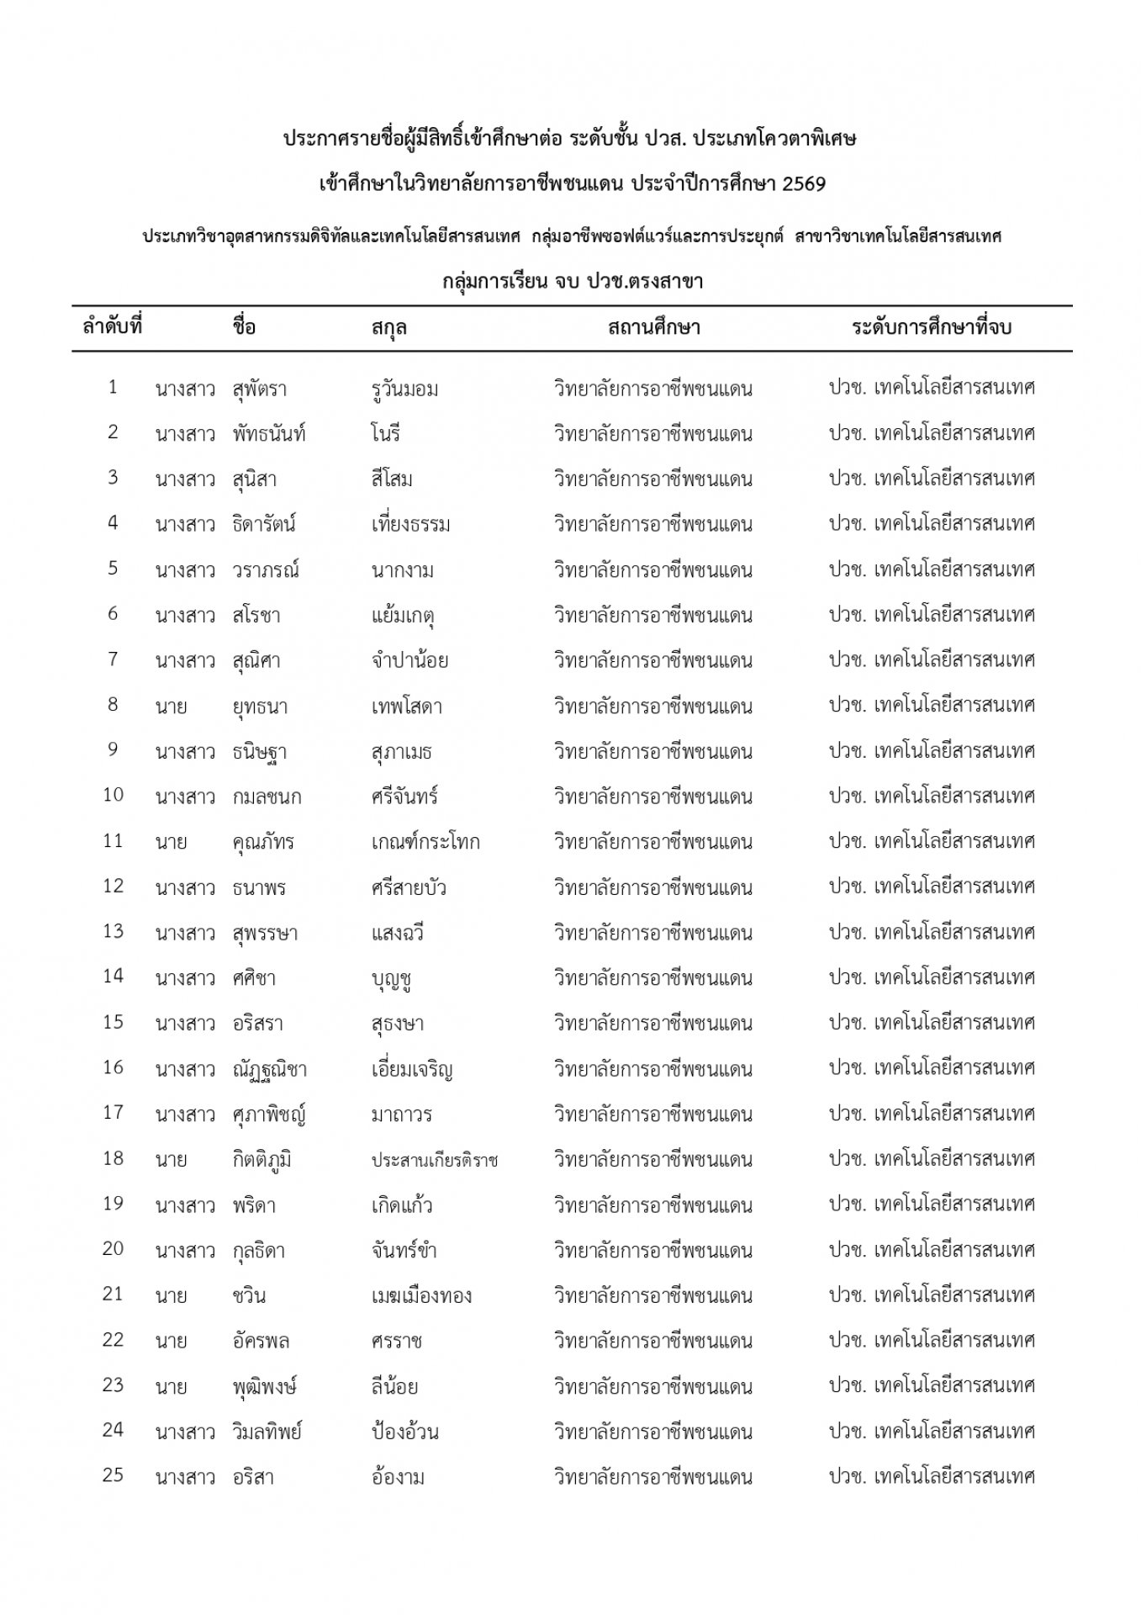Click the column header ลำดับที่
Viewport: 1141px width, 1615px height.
112,326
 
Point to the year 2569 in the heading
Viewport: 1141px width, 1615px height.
803,184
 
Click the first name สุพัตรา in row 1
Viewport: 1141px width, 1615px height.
261,389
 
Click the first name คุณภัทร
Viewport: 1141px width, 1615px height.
263,842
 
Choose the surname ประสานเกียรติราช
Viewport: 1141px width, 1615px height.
435,1160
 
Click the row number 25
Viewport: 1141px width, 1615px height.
113,1475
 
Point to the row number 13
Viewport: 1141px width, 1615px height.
113,931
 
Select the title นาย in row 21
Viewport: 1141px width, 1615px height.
171,1295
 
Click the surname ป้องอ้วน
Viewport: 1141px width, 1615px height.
404,1432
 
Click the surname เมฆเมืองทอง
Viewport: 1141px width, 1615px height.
421,1295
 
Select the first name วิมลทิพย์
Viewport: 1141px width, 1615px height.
267,1432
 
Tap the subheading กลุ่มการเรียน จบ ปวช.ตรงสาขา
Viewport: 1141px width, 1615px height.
573,282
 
